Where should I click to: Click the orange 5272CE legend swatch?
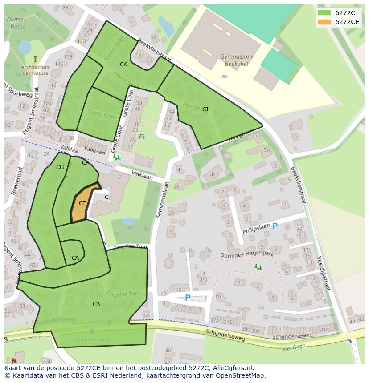click(324, 22)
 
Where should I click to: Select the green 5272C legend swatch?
click(324, 13)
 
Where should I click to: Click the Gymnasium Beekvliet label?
click(236, 60)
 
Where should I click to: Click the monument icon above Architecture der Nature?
click(35, 59)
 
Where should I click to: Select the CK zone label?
click(123, 65)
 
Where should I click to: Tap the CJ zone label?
click(205, 109)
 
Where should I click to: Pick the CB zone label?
click(96, 304)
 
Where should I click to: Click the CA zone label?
click(75, 258)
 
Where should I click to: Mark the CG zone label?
click(60, 167)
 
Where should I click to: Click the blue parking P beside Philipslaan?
click(275, 226)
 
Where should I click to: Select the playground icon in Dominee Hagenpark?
click(258, 267)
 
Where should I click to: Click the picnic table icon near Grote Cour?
click(142, 136)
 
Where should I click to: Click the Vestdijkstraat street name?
click(324, 273)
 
